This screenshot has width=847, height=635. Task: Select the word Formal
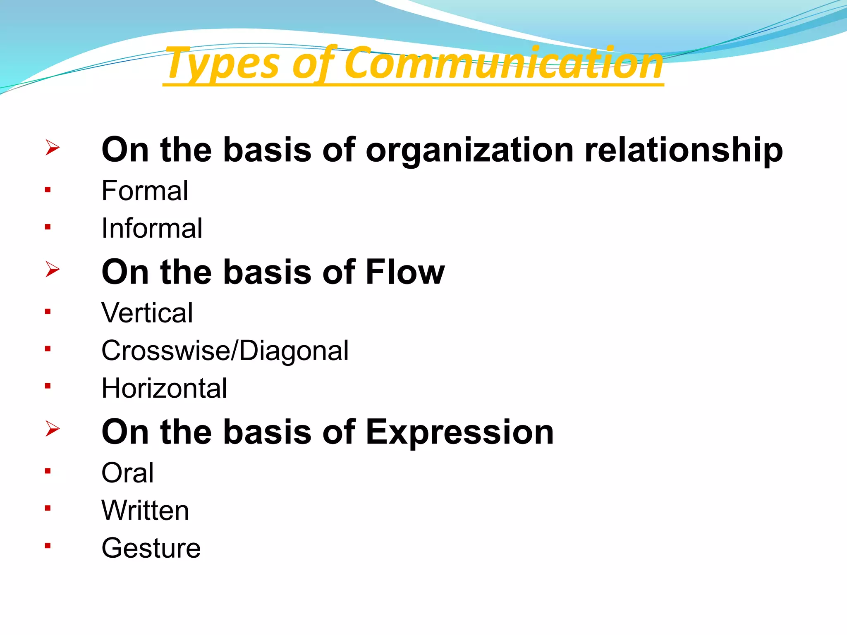point(145,191)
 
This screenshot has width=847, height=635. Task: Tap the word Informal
point(152,228)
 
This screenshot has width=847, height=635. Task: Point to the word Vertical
point(147,313)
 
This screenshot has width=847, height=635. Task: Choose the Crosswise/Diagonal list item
point(225,351)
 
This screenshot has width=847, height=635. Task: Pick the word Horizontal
point(164,388)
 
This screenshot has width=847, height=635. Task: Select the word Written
point(145,510)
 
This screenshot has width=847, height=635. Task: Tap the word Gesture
point(151,548)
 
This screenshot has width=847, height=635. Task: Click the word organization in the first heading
point(469,150)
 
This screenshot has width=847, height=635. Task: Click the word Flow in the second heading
point(405,272)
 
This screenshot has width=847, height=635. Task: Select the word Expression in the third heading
point(459,432)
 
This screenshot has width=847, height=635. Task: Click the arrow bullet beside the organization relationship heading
point(53,147)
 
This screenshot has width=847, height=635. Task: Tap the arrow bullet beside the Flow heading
point(53,269)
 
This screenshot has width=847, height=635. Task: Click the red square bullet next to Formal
point(48,190)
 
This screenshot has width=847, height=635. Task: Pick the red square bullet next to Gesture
point(48,546)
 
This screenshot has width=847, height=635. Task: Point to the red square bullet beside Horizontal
point(48,386)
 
